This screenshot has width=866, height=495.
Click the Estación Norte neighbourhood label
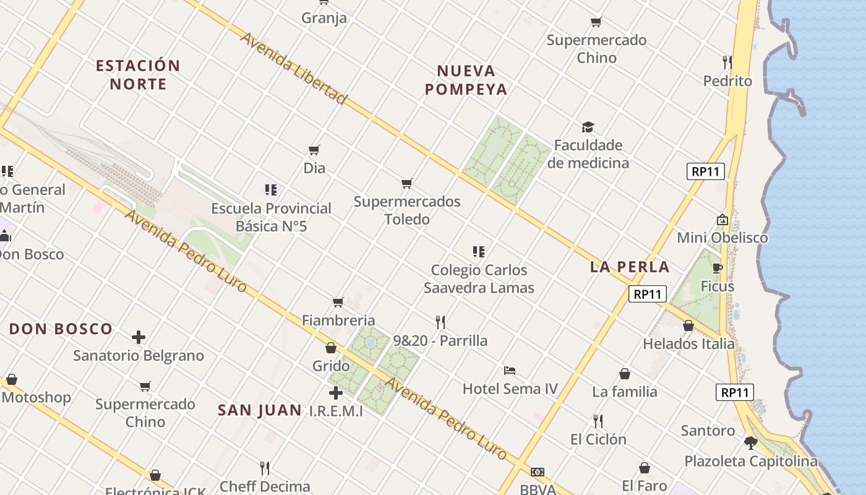click(x=138, y=74)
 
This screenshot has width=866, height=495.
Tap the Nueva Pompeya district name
click(x=466, y=80)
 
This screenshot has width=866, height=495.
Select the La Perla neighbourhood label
click(x=630, y=267)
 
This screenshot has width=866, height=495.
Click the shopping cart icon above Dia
click(x=314, y=150)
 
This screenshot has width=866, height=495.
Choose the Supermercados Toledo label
click(x=407, y=210)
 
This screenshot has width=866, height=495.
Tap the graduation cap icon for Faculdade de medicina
click(x=588, y=127)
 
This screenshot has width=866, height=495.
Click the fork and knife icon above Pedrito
click(x=727, y=62)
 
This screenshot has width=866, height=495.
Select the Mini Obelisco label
click(x=722, y=238)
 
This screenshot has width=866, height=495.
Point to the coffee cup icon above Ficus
click(x=718, y=268)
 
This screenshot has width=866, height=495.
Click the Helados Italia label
click(x=688, y=344)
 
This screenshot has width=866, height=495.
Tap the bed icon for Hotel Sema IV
click(x=510, y=371)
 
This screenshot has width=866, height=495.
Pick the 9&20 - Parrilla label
click(x=440, y=340)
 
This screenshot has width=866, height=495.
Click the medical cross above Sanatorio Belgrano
click(x=139, y=337)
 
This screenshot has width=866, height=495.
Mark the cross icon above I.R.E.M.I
click(x=336, y=393)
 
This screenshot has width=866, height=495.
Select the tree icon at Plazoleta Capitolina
click(x=751, y=442)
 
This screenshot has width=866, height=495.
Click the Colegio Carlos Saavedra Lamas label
click(x=479, y=278)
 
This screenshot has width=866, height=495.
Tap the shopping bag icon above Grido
click(x=331, y=348)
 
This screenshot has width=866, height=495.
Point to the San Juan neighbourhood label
click(x=260, y=410)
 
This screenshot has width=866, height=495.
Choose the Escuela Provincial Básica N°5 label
click(x=271, y=217)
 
